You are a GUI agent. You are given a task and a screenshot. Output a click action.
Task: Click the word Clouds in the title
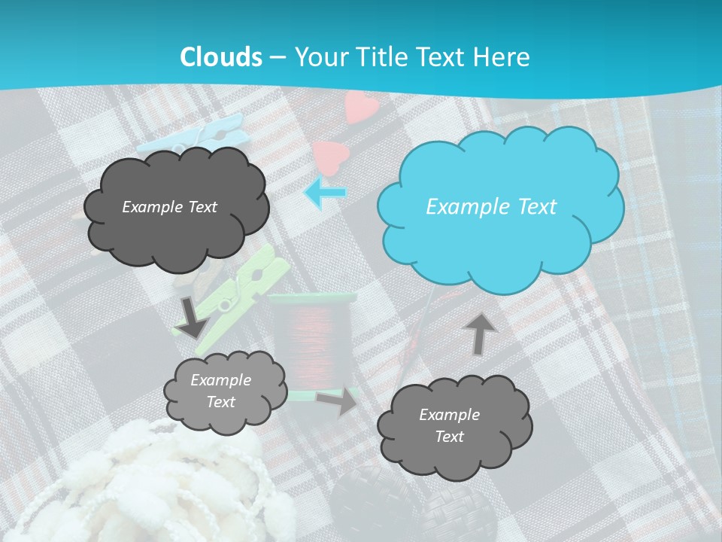221,57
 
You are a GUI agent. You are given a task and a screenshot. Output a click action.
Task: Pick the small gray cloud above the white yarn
224,392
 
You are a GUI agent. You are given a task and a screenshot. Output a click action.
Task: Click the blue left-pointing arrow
325,193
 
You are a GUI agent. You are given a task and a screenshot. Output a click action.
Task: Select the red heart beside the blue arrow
331,158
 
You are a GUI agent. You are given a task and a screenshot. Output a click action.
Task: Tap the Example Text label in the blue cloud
491,207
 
